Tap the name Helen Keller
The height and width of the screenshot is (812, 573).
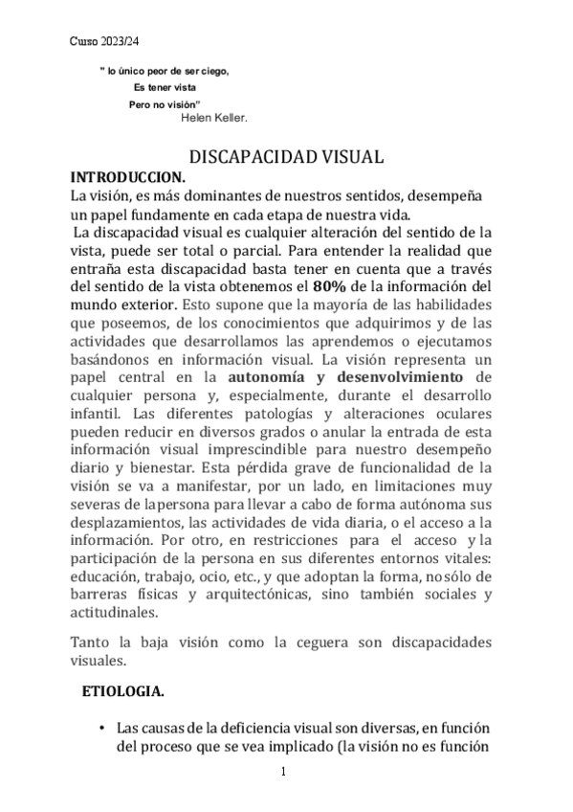(214, 119)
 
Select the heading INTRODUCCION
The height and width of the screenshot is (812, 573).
(130, 177)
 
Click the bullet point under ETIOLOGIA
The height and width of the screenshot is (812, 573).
(102, 730)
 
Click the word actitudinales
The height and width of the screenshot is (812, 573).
(118, 614)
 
